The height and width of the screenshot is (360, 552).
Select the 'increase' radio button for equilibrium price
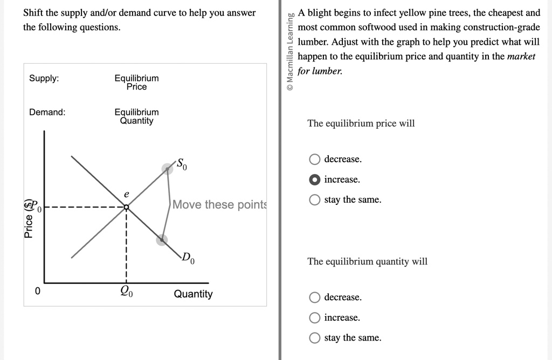[x=314, y=179]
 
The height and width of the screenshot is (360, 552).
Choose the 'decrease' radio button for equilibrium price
[x=314, y=159]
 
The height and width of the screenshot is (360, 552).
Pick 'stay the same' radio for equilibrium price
[x=314, y=200]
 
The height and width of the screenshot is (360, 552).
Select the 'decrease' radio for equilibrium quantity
[x=314, y=297]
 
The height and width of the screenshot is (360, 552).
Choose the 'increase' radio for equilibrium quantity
[x=314, y=318]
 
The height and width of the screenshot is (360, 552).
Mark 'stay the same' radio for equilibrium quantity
[x=314, y=338]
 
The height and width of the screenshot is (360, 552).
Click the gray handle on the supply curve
[x=167, y=169]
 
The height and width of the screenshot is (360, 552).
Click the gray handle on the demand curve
[x=162, y=240]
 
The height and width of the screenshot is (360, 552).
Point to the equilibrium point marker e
[x=126, y=207]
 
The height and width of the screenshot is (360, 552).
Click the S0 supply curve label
[x=182, y=164]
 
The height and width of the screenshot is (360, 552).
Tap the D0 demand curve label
[x=188, y=258]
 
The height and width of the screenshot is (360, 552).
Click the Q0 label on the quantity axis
[x=126, y=291]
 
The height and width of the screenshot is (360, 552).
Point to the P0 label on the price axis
[x=36, y=205]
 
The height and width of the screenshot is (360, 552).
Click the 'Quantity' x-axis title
[x=194, y=294]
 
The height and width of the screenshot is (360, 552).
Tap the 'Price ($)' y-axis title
[x=29, y=219]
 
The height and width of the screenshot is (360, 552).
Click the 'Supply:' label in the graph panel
[x=44, y=78]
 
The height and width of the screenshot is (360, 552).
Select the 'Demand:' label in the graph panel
[x=47, y=112]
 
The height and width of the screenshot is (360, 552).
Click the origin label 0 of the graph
[x=38, y=291]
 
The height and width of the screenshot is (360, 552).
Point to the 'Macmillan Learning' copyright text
[x=290, y=52]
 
